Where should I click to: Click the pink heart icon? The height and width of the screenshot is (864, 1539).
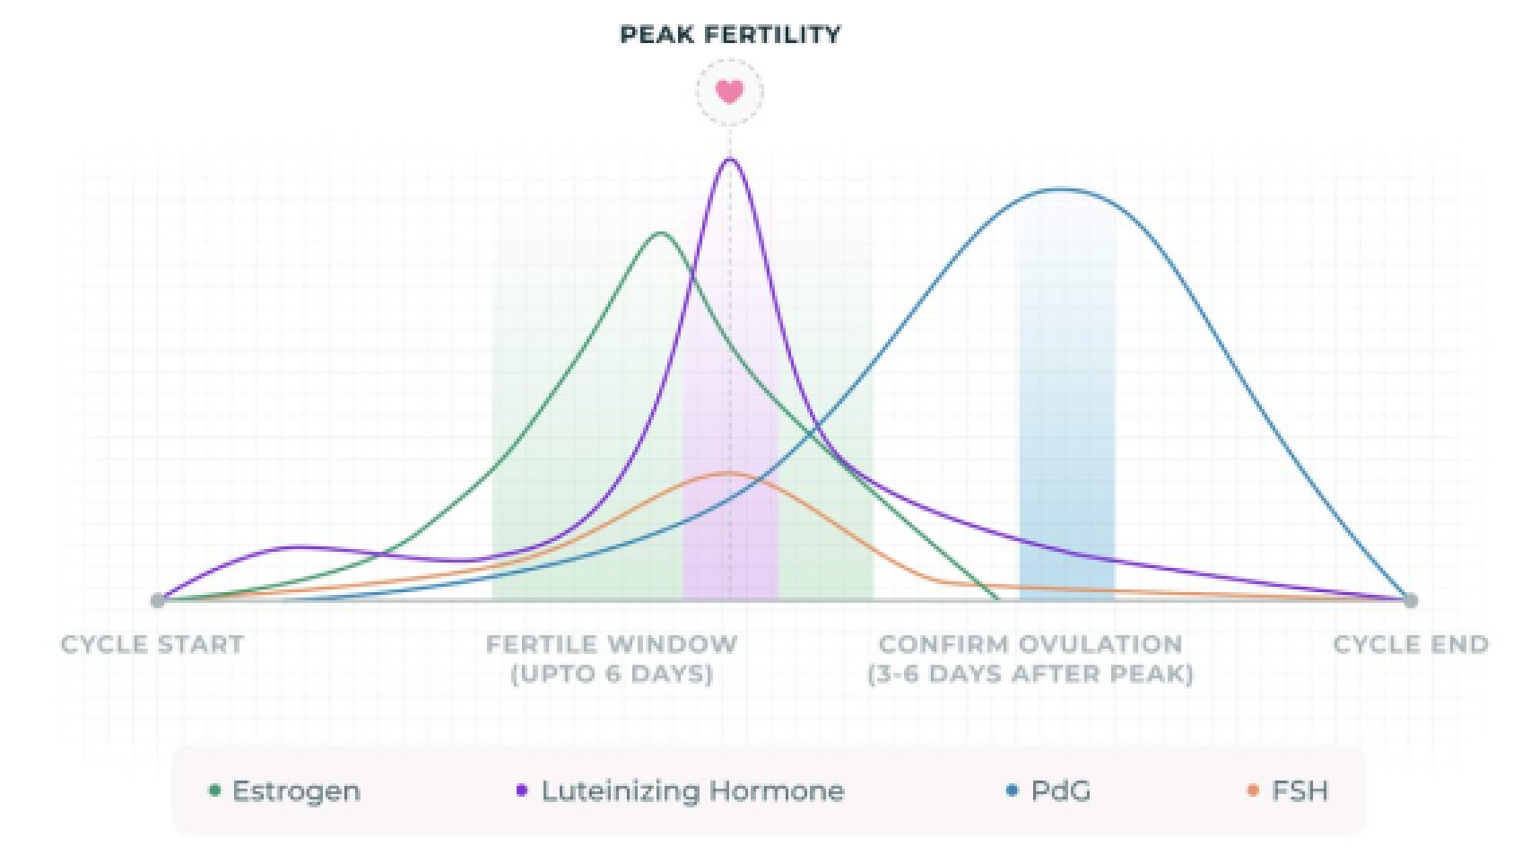pos(729,92)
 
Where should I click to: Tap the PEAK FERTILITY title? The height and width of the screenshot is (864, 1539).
pos(730,35)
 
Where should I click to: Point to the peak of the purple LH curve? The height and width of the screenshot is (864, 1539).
pos(730,160)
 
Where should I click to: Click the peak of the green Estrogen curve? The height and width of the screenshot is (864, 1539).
pos(661,233)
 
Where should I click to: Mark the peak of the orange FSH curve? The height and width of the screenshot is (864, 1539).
pos(728,473)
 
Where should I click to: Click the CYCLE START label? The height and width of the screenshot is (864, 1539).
pos(152,644)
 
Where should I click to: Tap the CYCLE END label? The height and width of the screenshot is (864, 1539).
pos(1411,644)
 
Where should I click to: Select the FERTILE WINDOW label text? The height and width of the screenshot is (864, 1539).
pos(612,644)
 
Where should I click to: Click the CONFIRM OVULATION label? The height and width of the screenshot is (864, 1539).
pos(1030,644)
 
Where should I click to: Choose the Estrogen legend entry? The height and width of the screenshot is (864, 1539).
pos(285,791)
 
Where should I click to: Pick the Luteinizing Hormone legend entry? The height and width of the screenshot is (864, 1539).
pos(682,791)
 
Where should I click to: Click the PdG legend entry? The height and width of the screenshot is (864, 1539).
pos(1049,791)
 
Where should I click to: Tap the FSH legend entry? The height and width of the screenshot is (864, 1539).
pos(1289,791)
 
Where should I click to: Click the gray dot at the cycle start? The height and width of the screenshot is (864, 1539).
pos(158,600)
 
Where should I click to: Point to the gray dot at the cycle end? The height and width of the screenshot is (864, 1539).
pos(1410,600)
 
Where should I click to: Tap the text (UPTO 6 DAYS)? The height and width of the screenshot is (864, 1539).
pos(612,674)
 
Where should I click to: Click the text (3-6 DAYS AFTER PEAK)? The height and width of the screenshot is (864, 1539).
pos(1030,674)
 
